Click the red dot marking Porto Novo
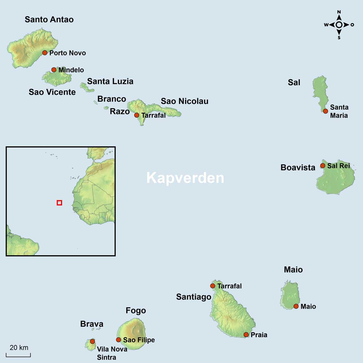coord(45,53)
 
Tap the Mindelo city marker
coord(54,70)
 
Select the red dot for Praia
coord(246,335)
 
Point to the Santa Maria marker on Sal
coord(326,111)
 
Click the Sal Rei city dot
coord(323,166)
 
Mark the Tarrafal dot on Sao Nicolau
coord(137,115)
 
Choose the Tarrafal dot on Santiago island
coord(213,286)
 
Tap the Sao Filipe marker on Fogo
coord(118,340)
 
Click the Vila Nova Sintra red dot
coord(92,341)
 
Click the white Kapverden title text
coord(185,178)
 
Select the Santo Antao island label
coord(49,19)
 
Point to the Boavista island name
coord(298,167)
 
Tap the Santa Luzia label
coord(110,81)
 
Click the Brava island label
coord(92,324)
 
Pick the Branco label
coord(112,99)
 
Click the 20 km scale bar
coord(18,355)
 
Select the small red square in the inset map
coord(59,203)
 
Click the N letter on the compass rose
coord(339,12)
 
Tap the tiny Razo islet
coord(106,108)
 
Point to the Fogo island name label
coord(136,310)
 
